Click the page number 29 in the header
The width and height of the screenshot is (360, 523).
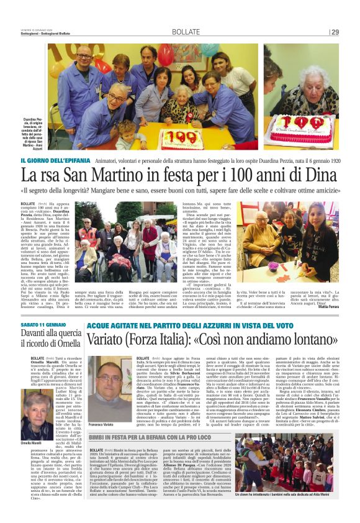tap(335, 32)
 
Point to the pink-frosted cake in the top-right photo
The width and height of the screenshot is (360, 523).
tap(297, 129)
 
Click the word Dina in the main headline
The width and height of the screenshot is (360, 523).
tap(322, 174)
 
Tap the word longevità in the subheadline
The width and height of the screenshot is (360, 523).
tap(90, 189)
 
